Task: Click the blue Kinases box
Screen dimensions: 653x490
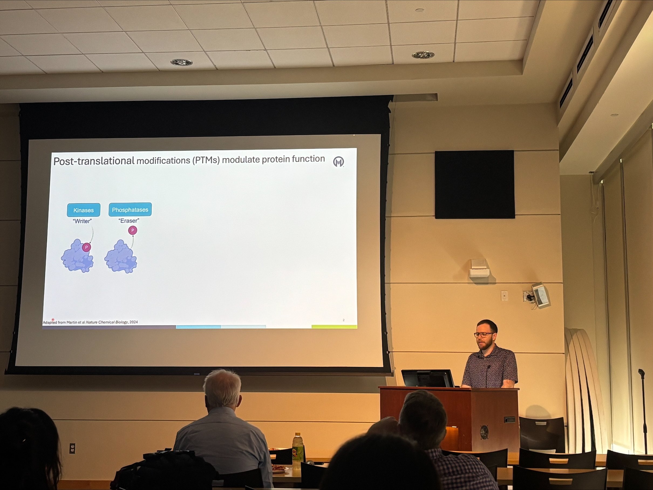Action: tap(84, 210)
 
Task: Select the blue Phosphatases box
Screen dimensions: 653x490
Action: tap(130, 210)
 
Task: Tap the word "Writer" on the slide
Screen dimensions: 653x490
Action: tap(82, 221)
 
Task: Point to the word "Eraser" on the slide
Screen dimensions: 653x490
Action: tap(129, 220)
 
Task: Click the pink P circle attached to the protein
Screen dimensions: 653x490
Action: tap(87, 247)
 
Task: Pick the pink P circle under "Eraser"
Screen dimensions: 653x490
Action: tap(132, 230)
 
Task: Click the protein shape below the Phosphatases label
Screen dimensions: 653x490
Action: tap(120, 256)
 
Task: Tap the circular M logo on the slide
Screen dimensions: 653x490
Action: tap(338, 162)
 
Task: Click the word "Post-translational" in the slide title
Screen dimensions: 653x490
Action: tap(94, 161)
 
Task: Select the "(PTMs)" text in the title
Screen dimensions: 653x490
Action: tap(206, 160)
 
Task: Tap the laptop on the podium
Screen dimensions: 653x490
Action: tap(427, 378)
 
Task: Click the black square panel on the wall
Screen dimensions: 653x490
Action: tap(475, 185)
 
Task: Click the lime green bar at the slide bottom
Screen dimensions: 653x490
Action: tap(334, 326)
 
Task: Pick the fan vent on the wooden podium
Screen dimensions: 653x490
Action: tap(484, 432)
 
